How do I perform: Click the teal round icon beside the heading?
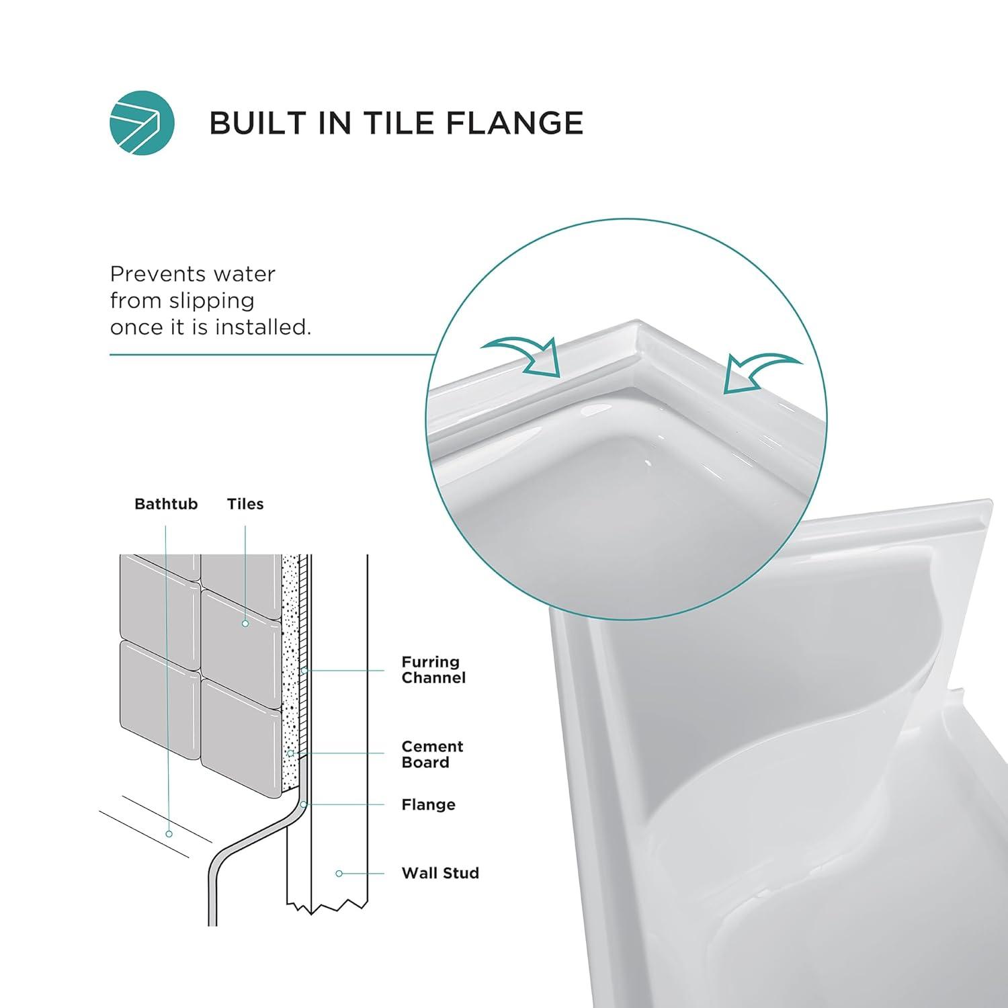(x=142, y=123)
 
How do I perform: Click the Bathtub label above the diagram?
(x=166, y=504)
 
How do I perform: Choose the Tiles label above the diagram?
(x=245, y=504)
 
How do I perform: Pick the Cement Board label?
(x=432, y=754)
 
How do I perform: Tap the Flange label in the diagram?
(x=428, y=804)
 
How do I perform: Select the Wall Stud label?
(x=440, y=873)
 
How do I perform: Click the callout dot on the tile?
(x=245, y=624)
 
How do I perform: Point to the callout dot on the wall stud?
(x=339, y=874)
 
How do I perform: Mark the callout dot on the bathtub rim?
(x=169, y=834)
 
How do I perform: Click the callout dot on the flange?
(x=304, y=804)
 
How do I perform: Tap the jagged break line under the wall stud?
(x=327, y=907)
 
